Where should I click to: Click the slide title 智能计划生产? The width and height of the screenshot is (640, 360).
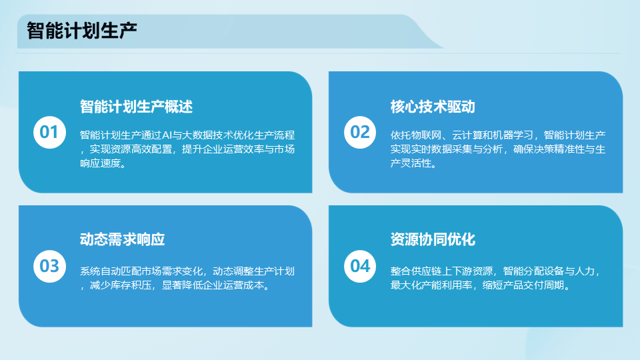click(81, 31)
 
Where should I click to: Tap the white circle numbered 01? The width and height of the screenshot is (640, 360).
click(49, 132)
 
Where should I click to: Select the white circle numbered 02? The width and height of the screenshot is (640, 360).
click(359, 132)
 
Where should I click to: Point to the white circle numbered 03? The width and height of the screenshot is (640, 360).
click(49, 266)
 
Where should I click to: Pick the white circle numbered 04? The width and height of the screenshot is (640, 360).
click(359, 266)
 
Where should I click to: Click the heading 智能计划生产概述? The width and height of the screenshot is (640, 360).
click(136, 107)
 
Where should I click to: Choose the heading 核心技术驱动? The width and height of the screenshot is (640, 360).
click(433, 107)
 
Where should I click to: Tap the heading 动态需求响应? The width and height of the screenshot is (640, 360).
click(122, 239)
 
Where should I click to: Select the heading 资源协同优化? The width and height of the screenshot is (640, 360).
click(433, 239)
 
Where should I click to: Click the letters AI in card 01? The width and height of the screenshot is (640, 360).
click(167, 135)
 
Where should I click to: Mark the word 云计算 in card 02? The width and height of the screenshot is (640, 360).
click(467, 135)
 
